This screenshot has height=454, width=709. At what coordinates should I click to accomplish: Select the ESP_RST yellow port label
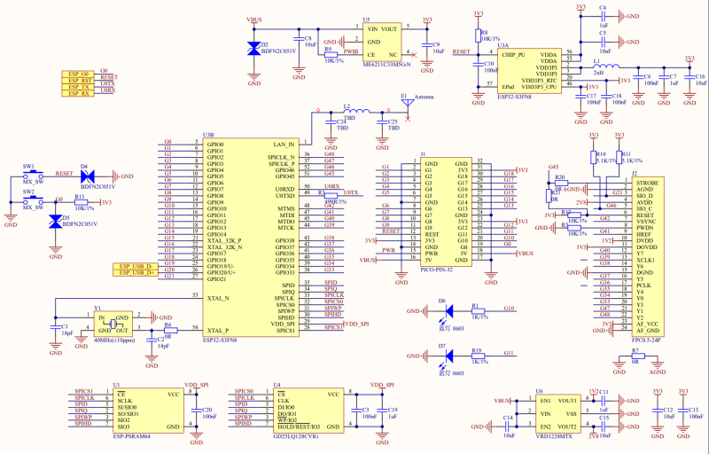tap(78, 82)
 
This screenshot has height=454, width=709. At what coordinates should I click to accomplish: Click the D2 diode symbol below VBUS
tap(254, 50)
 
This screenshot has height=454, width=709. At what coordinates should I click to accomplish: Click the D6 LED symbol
tap(448, 311)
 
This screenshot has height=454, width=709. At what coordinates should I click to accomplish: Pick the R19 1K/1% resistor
tap(479, 356)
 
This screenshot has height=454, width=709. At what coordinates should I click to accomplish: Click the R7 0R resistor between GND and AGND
tap(636, 356)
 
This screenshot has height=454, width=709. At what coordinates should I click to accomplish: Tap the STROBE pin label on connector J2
tap(647, 182)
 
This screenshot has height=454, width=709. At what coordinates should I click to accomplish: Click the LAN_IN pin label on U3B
tap(284, 144)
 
